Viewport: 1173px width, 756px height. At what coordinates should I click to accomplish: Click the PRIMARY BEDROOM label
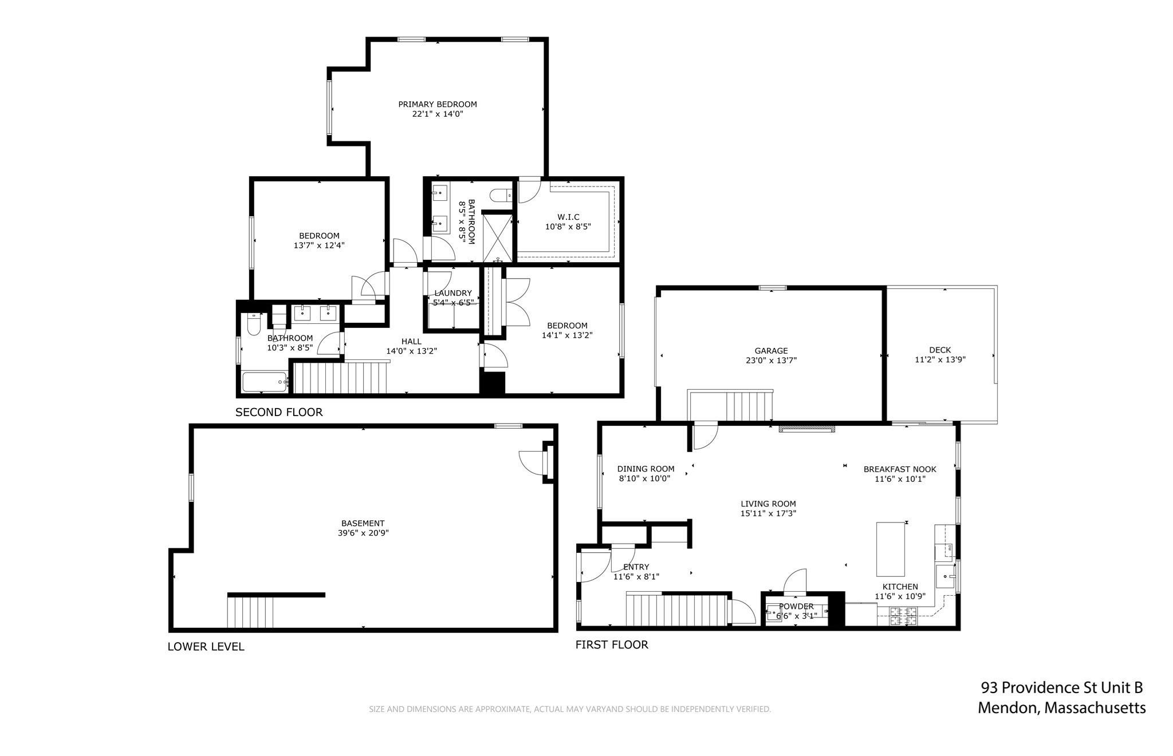[438, 104]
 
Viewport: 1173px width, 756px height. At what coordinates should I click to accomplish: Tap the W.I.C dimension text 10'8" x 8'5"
[568, 227]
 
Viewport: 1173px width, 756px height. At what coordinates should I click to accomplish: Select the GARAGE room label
[771, 351]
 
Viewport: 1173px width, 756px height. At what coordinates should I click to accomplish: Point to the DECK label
[940, 350]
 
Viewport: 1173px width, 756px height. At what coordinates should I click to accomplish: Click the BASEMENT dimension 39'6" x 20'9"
[363, 533]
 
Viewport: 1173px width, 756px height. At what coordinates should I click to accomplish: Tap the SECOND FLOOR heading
[279, 412]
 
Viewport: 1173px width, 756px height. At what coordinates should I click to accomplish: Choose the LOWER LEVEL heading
[206, 647]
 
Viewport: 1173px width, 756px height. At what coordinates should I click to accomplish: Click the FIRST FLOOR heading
[612, 645]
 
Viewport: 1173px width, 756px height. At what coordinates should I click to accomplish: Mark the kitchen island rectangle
[891, 549]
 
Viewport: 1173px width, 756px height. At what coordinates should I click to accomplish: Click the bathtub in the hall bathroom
[264, 382]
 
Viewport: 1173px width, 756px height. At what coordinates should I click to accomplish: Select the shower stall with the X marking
[497, 236]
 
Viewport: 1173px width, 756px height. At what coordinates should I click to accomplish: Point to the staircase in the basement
[250, 612]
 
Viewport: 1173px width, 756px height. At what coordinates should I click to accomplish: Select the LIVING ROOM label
[768, 504]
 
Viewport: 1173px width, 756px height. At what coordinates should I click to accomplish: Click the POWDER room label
[796, 607]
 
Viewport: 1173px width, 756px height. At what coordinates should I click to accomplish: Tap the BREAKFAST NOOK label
[900, 469]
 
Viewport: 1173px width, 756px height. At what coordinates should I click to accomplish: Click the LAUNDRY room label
[453, 293]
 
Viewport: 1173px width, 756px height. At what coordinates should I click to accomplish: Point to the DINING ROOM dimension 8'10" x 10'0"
[644, 478]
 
